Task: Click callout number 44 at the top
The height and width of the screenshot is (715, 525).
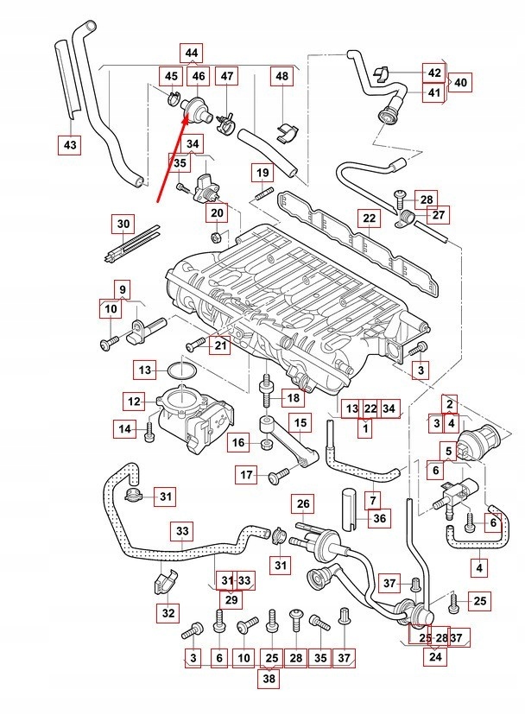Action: click(x=192, y=53)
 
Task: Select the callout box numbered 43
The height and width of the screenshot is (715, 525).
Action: click(x=70, y=144)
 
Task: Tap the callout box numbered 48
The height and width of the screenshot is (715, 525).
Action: click(x=282, y=76)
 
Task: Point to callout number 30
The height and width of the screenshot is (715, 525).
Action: click(x=123, y=224)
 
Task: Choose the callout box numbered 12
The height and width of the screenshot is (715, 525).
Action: click(x=134, y=402)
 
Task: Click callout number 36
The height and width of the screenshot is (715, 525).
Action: click(x=379, y=518)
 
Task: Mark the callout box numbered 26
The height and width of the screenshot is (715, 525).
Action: click(x=303, y=504)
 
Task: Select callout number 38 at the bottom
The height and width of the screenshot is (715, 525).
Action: click(x=269, y=678)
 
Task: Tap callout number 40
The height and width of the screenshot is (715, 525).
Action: click(x=461, y=83)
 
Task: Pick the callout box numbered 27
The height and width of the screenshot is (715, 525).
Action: click(x=438, y=214)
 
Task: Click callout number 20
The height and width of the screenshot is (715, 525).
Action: click(x=218, y=212)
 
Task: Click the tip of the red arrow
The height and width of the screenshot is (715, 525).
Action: click(x=187, y=117)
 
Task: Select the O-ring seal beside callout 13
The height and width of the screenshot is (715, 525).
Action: click(x=181, y=370)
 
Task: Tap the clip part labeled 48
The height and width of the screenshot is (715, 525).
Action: click(x=287, y=131)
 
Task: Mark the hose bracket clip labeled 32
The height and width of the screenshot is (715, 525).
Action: click(x=161, y=581)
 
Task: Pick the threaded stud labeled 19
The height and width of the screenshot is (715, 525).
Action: click(x=263, y=193)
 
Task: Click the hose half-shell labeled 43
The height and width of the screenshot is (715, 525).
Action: click(x=67, y=79)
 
